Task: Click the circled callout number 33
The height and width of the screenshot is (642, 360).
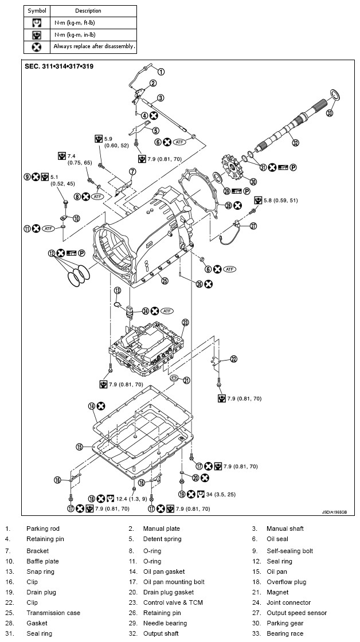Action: [329, 113]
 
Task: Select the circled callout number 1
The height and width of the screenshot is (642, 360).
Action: [161, 72]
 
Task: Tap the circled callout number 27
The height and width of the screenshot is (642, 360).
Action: [254, 226]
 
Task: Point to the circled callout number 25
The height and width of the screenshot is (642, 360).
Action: [165, 280]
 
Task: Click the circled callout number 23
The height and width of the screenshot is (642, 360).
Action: [185, 323]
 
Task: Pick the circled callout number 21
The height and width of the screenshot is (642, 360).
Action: [186, 380]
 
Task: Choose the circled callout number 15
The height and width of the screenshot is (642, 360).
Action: [80, 446]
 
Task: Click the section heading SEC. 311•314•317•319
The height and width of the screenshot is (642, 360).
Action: [60, 66]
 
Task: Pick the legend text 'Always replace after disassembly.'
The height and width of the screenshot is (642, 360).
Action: [94, 46]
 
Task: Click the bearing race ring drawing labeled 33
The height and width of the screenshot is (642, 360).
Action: [334, 95]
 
